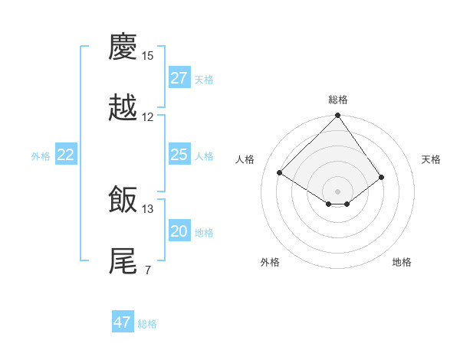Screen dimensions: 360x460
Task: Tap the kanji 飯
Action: [123, 200]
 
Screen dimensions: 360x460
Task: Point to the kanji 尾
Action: [123, 260]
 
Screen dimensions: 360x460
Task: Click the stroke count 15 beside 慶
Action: [148, 56]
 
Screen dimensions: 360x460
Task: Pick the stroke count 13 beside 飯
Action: [148, 208]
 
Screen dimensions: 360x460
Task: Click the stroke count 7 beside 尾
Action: [147, 270]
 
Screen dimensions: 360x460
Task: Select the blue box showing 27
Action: [179, 78]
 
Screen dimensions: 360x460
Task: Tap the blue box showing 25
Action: [179, 155]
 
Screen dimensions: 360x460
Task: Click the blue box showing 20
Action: [179, 231]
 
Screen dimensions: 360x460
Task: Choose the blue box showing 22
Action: [66, 155]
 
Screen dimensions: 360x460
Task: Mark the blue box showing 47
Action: [123, 322]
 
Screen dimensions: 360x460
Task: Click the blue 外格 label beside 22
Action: [41, 155]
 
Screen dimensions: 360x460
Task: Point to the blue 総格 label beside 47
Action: [147, 323]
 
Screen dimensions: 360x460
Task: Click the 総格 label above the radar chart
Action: [338, 100]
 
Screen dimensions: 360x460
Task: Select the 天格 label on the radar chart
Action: [431, 159]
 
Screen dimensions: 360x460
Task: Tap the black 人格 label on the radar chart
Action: [245, 159]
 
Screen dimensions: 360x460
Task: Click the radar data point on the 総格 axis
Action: [337, 116]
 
